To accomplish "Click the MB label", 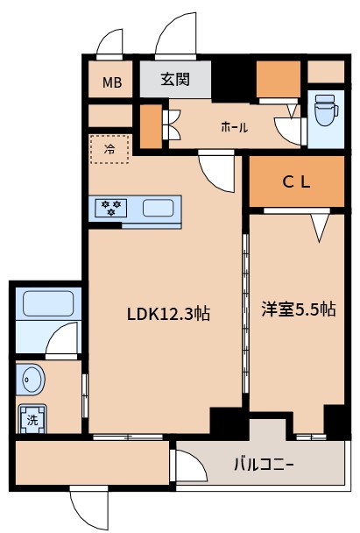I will point(112,83).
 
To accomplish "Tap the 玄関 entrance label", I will point(175,80).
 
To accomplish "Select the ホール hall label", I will point(234,127).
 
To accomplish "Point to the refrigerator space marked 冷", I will point(109,149).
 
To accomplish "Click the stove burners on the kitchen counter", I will point(111,209).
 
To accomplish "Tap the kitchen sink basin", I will point(158,209).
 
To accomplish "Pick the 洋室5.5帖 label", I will point(298,309).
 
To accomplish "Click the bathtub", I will point(49,304).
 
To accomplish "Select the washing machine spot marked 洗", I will point(33,419).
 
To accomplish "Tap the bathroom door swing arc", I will point(63,338).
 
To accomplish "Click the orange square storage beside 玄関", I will point(279,81).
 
